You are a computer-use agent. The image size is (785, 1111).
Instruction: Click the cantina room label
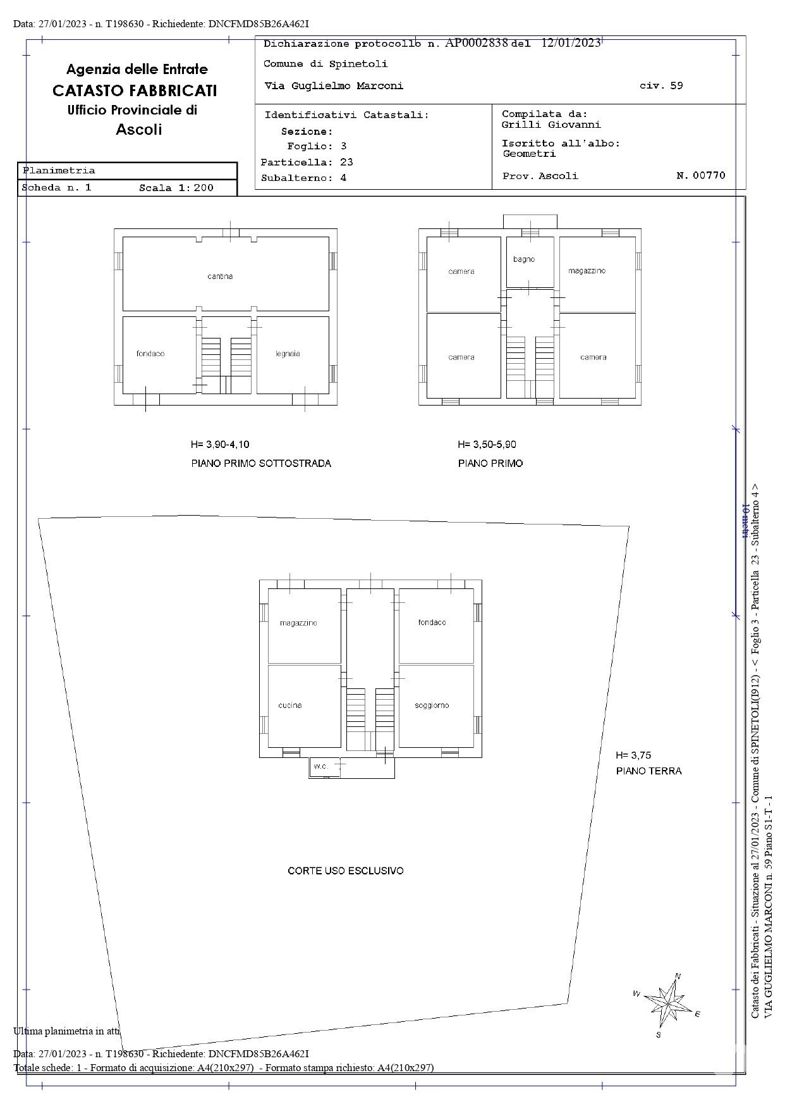click(x=220, y=276)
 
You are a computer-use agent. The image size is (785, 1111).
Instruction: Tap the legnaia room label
click(x=288, y=354)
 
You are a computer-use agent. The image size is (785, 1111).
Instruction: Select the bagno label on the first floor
click(x=524, y=259)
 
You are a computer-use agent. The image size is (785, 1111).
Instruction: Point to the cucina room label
click(x=290, y=705)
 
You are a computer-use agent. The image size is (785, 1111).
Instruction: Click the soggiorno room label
click(x=432, y=705)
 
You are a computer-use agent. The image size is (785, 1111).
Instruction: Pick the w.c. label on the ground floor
click(x=321, y=766)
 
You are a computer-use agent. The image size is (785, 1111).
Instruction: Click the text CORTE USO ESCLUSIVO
click(x=346, y=871)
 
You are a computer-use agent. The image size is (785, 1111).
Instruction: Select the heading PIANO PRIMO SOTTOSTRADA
click(x=261, y=463)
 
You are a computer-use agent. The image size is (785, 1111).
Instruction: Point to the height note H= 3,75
click(x=633, y=755)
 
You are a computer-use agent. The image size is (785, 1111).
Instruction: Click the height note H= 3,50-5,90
click(x=487, y=444)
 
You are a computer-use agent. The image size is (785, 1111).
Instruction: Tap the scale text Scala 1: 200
click(x=176, y=188)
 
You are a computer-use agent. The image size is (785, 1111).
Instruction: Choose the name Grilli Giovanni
click(x=551, y=125)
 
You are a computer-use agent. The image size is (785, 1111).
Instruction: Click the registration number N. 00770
click(x=701, y=175)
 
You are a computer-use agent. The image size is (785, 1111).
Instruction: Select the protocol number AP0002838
click(x=477, y=42)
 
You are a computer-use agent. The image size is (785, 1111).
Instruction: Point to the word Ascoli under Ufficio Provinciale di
click(x=139, y=130)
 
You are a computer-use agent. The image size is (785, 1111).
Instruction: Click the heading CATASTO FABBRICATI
click(x=135, y=90)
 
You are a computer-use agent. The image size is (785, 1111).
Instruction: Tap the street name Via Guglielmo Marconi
click(x=334, y=86)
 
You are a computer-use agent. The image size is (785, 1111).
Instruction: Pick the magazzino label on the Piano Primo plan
click(x=587, y=271)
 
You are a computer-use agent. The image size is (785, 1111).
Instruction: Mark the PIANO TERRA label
click(x=648, y=771)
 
